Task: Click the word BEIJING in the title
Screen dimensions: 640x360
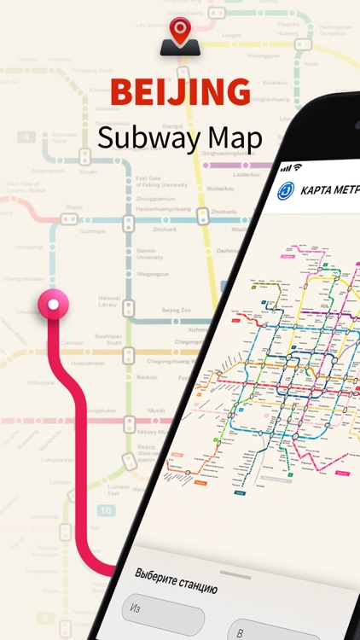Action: click(x=181, y=91)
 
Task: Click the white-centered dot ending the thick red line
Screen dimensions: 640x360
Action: click(x=54, y=304)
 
